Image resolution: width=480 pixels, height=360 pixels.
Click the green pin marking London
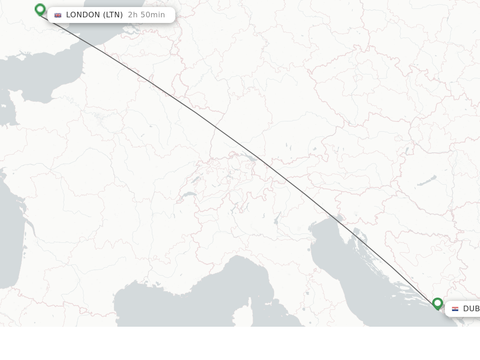(40, 9)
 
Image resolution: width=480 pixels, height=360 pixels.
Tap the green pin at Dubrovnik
(437, 303)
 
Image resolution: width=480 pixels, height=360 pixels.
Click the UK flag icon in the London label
(58, 15)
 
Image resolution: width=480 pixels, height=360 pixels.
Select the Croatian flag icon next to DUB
(455, 309)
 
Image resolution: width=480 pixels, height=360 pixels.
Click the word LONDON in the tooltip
(83, 15)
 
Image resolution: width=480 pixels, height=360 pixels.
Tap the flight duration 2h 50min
(146, 15)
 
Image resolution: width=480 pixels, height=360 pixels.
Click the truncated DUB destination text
(471, 309)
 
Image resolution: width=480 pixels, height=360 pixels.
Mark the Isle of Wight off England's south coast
(21, 57)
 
